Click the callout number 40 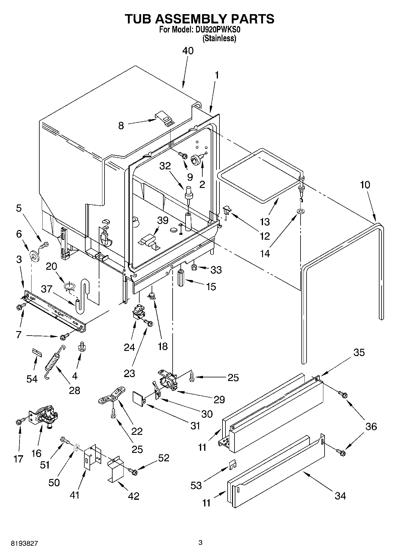tap(188, 51)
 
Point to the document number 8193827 tap(25, 543)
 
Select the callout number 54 tap(32, 379)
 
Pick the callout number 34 tap(340, 496)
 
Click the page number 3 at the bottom tap(201, 542)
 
